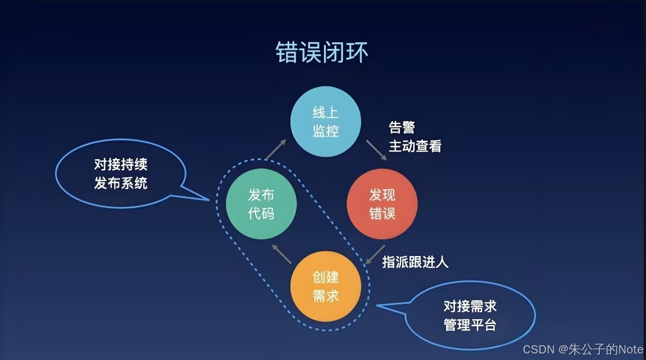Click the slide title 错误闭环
[x=322, y=53]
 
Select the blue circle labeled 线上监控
[x=325, y=121]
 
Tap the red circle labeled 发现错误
[x=382, y=204]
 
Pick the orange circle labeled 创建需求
[x=325, y=287]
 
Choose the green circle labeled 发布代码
[x=261, y=204]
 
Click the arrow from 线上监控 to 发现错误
[x=376, y=150]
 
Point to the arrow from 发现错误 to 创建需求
[x=376, y=255]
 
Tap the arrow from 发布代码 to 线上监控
[x=276, y=150]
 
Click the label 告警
[x=402, y=128]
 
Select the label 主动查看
[x=415, y=145]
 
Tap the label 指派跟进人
[x=415, y=261]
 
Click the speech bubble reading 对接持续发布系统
[x=121, y=174]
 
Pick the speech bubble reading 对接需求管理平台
[x=470, y=315]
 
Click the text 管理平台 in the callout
[x=470, y=325]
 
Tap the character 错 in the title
[x=288, y=53]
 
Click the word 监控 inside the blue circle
[x=325, y=130]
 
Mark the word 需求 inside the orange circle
[x=325, y=296]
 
